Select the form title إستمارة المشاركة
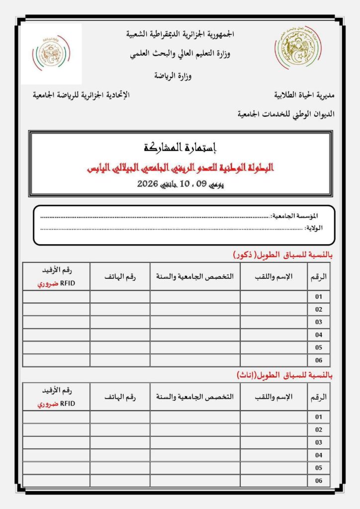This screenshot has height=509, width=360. [180, 148]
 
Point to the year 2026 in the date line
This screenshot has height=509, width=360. [147, 184]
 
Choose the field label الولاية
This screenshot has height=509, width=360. [314, 228]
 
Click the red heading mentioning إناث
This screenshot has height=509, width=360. [282, 375]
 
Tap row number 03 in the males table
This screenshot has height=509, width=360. [319, 322]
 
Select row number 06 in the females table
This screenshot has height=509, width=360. [319, 481]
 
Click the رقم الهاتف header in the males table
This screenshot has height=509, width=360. [120, 276]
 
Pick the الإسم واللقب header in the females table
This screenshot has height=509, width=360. [274, 397]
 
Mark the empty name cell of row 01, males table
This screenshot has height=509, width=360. [274, 297]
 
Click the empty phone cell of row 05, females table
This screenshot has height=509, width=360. [120, 468]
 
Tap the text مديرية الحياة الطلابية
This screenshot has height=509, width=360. [304, 94]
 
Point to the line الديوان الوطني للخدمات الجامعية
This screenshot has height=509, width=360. [286, 114]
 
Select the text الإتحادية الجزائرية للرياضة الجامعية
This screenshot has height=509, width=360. [81, 94]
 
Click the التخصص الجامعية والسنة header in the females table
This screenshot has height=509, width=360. [195, 397]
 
